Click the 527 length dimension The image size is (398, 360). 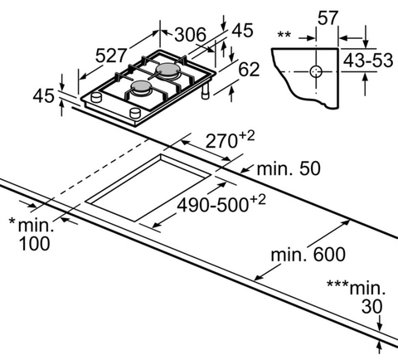[x=111, y=56]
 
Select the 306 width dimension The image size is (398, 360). [x=191, y=35]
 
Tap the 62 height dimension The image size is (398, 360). [x=249, y=69]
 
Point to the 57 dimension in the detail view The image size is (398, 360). [x=328, y=18]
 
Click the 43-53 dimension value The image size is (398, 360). [x=368, y=61]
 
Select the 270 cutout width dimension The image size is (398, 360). [x=221, y=141]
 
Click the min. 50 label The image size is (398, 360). [x=289, y=168]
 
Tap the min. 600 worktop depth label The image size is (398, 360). [x=308, y=255]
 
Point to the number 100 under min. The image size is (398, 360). [x=35, y=244]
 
